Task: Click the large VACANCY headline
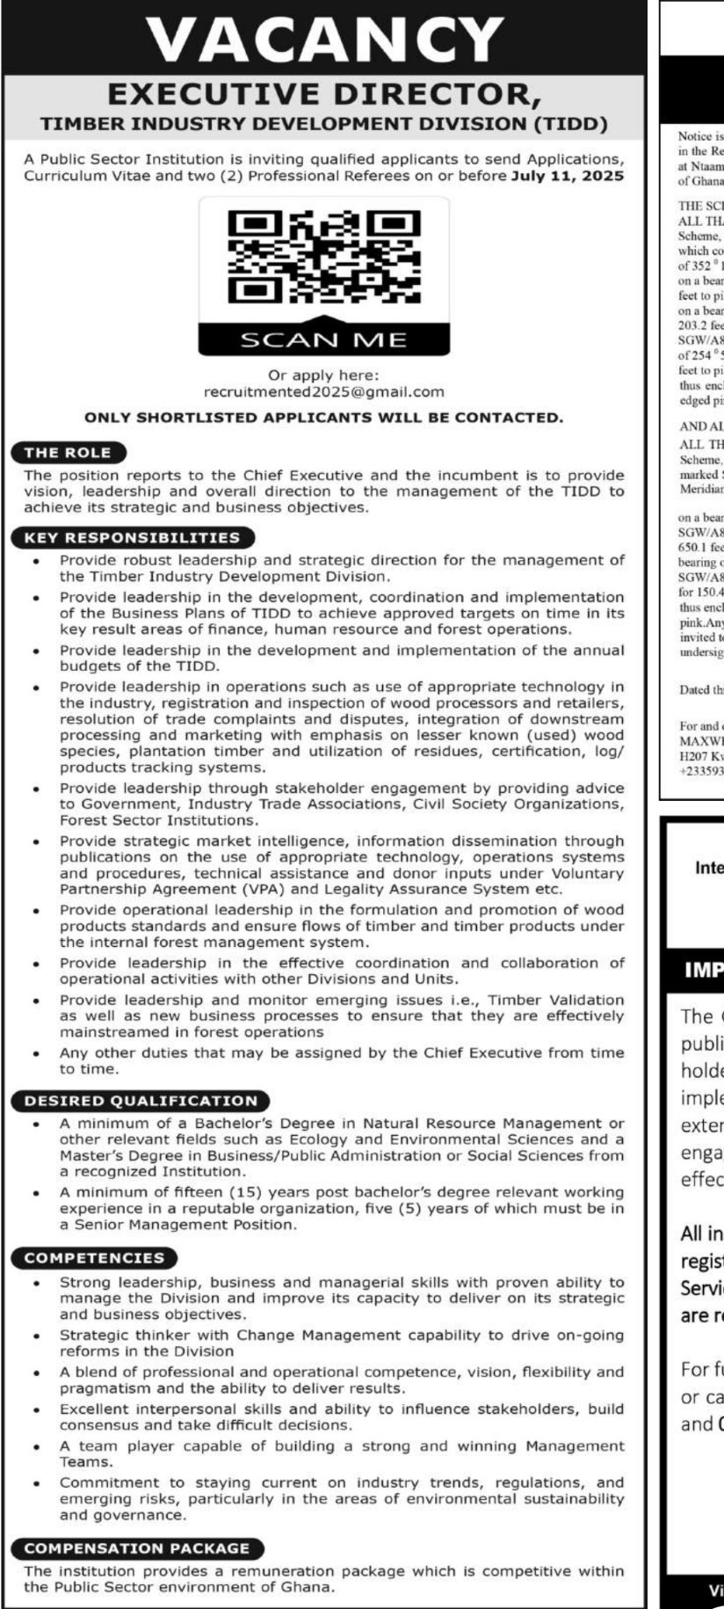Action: [324, 40]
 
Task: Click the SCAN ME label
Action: [324, 339]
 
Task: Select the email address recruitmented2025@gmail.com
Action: [323, 391]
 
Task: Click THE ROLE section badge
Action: [68, 453]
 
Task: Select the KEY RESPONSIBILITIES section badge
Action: [132, 537]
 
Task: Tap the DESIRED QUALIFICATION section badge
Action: [141, 1101]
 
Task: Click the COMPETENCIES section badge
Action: [94, 1258]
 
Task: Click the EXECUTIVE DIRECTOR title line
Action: [324, 94]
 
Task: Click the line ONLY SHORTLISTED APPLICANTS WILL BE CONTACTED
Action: [323, 418]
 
